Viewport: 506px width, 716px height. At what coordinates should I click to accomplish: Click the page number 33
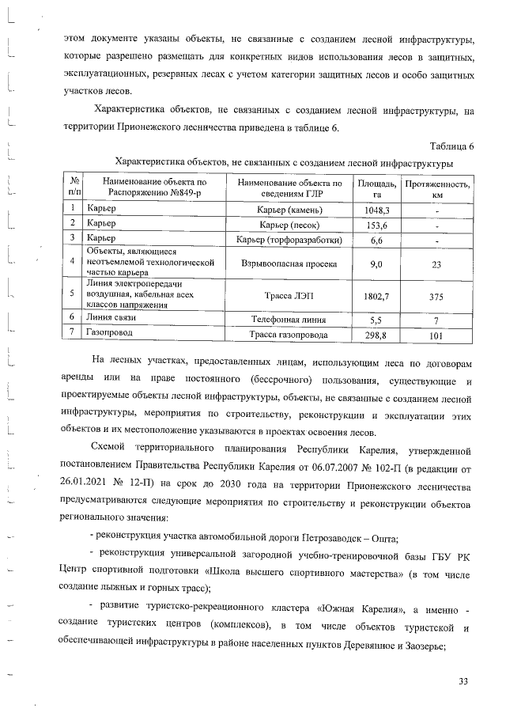463,682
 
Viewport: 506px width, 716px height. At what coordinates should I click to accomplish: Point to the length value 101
436,335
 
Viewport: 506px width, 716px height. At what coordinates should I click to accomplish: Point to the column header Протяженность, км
436,188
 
